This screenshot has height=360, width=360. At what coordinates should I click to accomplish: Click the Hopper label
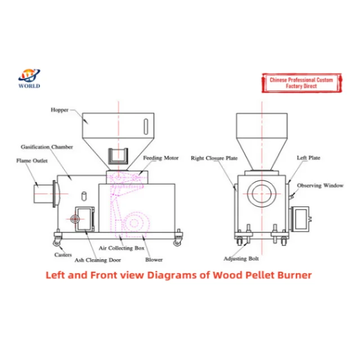[x=59, y=110]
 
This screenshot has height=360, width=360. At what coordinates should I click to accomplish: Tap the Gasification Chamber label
[x=47, y=147]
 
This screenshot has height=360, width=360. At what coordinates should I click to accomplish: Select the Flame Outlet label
[x=31, y=160]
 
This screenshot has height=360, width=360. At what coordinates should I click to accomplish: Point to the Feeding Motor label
[x=160, y=158]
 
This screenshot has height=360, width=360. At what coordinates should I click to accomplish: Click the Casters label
[x=62, y=255]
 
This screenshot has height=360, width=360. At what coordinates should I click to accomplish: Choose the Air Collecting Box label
[x=121, y=247]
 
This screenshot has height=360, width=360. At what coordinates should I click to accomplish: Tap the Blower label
[x=154, y=260]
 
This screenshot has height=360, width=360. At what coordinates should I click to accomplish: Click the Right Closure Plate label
[x=214, y=158]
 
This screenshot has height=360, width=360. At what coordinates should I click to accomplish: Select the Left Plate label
[x=308, y=158]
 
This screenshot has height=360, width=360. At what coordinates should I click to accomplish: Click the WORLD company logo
[x=29, y=78]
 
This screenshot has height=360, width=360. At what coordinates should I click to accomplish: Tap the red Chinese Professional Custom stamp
[x=301, y=83]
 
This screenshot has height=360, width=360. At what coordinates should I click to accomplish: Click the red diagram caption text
[x=178, y=276]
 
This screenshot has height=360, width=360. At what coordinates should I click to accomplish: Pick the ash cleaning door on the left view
[x=82, y=217]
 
